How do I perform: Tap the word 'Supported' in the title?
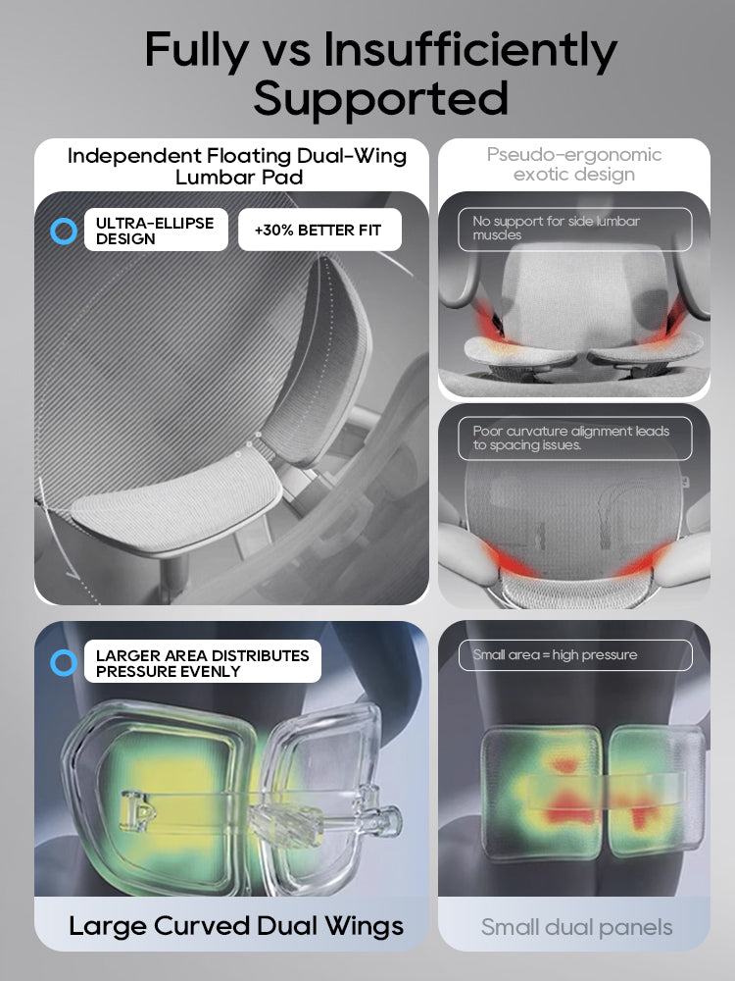(x=381, y=98)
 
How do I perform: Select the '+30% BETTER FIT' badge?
(x=319, y=231)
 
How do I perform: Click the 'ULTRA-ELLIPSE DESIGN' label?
(x=155, y=231)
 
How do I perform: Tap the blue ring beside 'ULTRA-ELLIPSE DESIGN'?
(x=63, y=232)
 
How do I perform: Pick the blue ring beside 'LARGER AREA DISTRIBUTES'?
(x=63, y=663)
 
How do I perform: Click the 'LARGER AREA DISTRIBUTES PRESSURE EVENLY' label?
(x=202, y=663)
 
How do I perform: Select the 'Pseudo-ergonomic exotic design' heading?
(x=574, y=165)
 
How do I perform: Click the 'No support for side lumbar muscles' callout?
(x=574, y=228)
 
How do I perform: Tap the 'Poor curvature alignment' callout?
(x=574, y=438)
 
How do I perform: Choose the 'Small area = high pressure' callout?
(x=574, y=654)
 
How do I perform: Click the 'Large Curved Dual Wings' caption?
(x=235, y=925)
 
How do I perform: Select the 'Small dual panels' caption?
(x=576, y=927)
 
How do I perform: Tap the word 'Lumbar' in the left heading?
(x=216, y=178)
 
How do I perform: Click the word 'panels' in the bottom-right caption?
(x=639, y=927)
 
